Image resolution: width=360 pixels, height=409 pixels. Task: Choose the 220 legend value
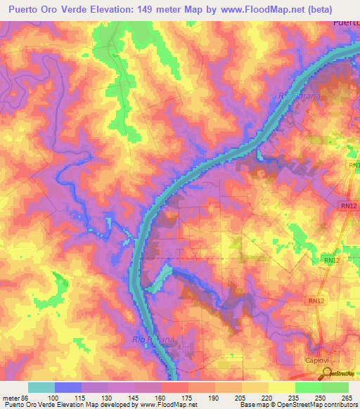(x=263, y=397)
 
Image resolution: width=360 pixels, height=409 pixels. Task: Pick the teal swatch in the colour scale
(x=41, y=387)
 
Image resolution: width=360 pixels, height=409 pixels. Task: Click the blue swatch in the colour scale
(x=68, y=387)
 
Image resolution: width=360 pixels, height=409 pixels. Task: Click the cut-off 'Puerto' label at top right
(x=345, y=23)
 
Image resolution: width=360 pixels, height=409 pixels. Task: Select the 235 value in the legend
(x=290, y=397)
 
